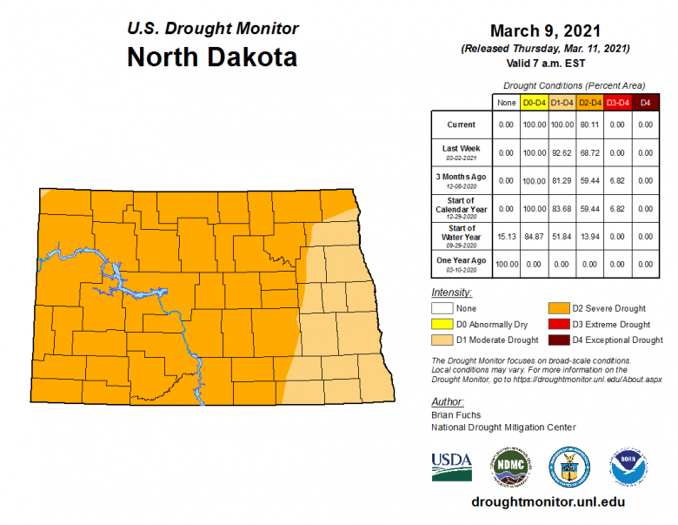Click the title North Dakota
pyautogui.click(x=212, y=57)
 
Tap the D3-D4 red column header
pyautogui.click(x=617, y=103)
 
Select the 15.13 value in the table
pyautogui.click(x=506, y=236)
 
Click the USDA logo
pyautogui.click(x=451, y=467)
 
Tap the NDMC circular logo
pyautogui.click(x=509, y=467)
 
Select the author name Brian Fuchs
pyautogui.click(x=455, y=416)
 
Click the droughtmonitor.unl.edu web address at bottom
pyautogui.click(x=548, y=502)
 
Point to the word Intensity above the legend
pyautogui.click(x=451, y=293)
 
